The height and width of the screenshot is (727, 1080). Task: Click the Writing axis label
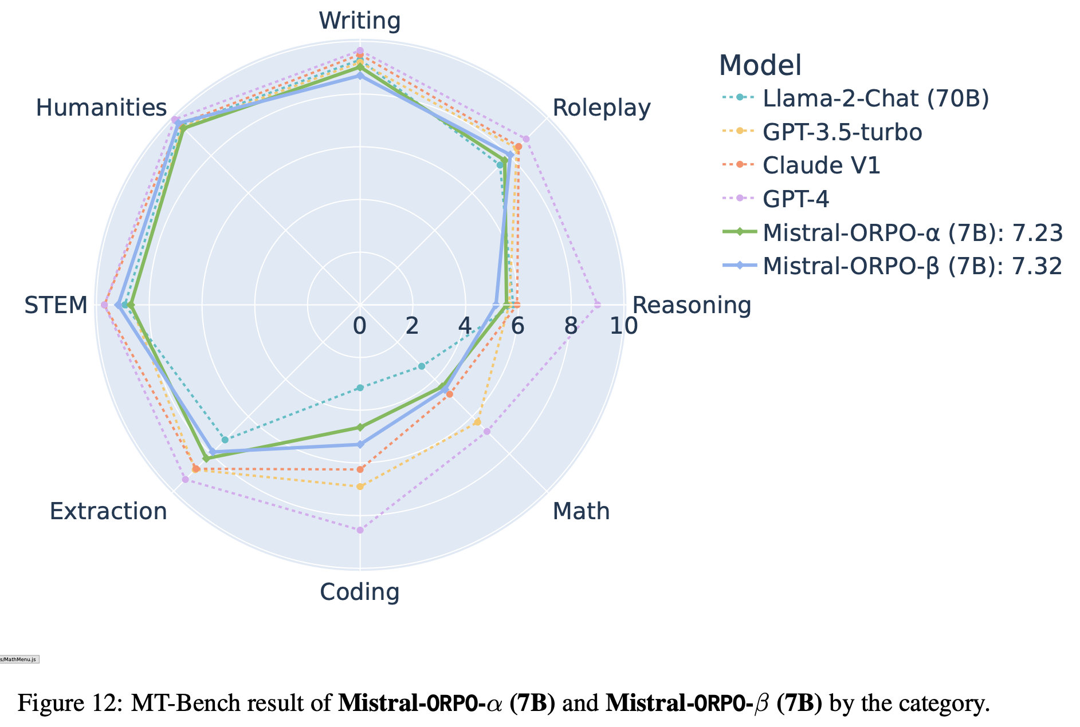point(360,21)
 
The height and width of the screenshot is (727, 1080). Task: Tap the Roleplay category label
point(601,108)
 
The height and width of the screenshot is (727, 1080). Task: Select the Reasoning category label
point(692,305)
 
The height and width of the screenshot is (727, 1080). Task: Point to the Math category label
point(581,511)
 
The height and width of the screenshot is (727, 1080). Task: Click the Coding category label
point(360,592)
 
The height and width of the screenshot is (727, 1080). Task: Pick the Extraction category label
point(108,511)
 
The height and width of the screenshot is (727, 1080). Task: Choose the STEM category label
point(56,305)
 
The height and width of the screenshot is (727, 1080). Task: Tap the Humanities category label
point(101,108)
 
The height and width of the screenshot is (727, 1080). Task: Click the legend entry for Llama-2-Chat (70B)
point(875,98)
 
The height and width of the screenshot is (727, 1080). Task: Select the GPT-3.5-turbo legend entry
point(842,132)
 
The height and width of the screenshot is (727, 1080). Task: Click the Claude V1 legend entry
point(821,165)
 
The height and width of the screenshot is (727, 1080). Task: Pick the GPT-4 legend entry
point(796,199)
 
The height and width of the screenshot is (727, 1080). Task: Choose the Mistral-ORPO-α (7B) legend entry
point(913,232)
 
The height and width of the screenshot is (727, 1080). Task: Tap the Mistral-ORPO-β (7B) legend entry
point(913,266)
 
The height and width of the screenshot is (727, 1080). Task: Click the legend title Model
point(760,65)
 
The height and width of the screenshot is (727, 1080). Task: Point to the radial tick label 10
point(623,326)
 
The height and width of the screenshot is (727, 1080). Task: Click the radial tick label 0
point(359,326)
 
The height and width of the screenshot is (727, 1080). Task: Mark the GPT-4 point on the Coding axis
point(360,530)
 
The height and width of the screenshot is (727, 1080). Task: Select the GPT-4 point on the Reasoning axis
point(598,305)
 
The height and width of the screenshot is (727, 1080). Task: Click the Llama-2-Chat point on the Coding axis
point(360,388)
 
